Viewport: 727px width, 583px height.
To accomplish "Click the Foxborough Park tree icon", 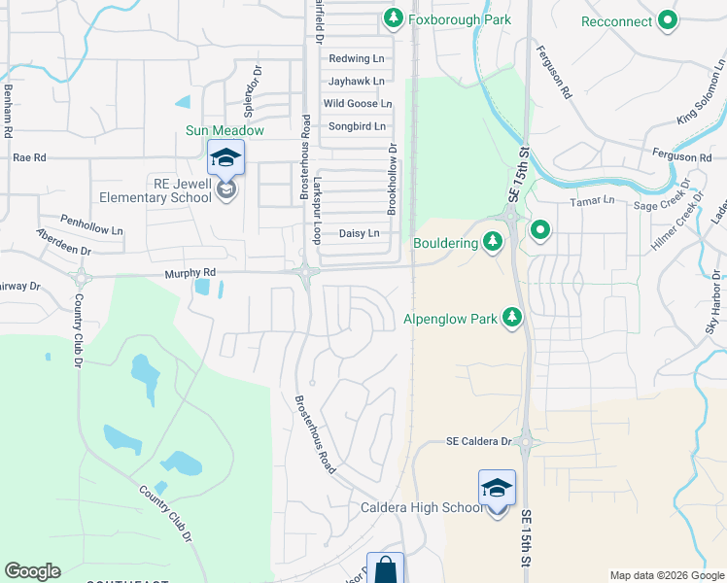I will [393, 17].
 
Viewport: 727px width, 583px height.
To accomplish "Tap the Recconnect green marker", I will [668, 20].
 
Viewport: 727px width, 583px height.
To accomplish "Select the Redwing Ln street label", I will [357, 59].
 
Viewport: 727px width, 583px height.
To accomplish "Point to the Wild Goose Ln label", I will [357, 104].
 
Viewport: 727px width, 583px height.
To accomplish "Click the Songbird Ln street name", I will [357, 126].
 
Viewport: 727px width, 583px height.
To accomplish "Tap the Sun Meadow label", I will [225, 130].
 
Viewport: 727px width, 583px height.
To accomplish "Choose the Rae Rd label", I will [29, 156].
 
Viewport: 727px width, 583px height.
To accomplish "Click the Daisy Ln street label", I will [359, 234].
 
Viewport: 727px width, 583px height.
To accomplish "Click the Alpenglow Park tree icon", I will [512, 318].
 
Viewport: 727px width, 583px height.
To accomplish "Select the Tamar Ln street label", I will [596, 200].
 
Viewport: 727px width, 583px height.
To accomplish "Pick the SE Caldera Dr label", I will [478, 441].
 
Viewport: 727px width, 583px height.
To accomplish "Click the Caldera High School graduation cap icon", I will [497, 488].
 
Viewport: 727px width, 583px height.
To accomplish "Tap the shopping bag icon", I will [385, 568].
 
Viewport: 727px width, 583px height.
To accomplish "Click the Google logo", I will [32, 571].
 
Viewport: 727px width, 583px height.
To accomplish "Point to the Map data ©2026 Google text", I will [666, 575].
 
